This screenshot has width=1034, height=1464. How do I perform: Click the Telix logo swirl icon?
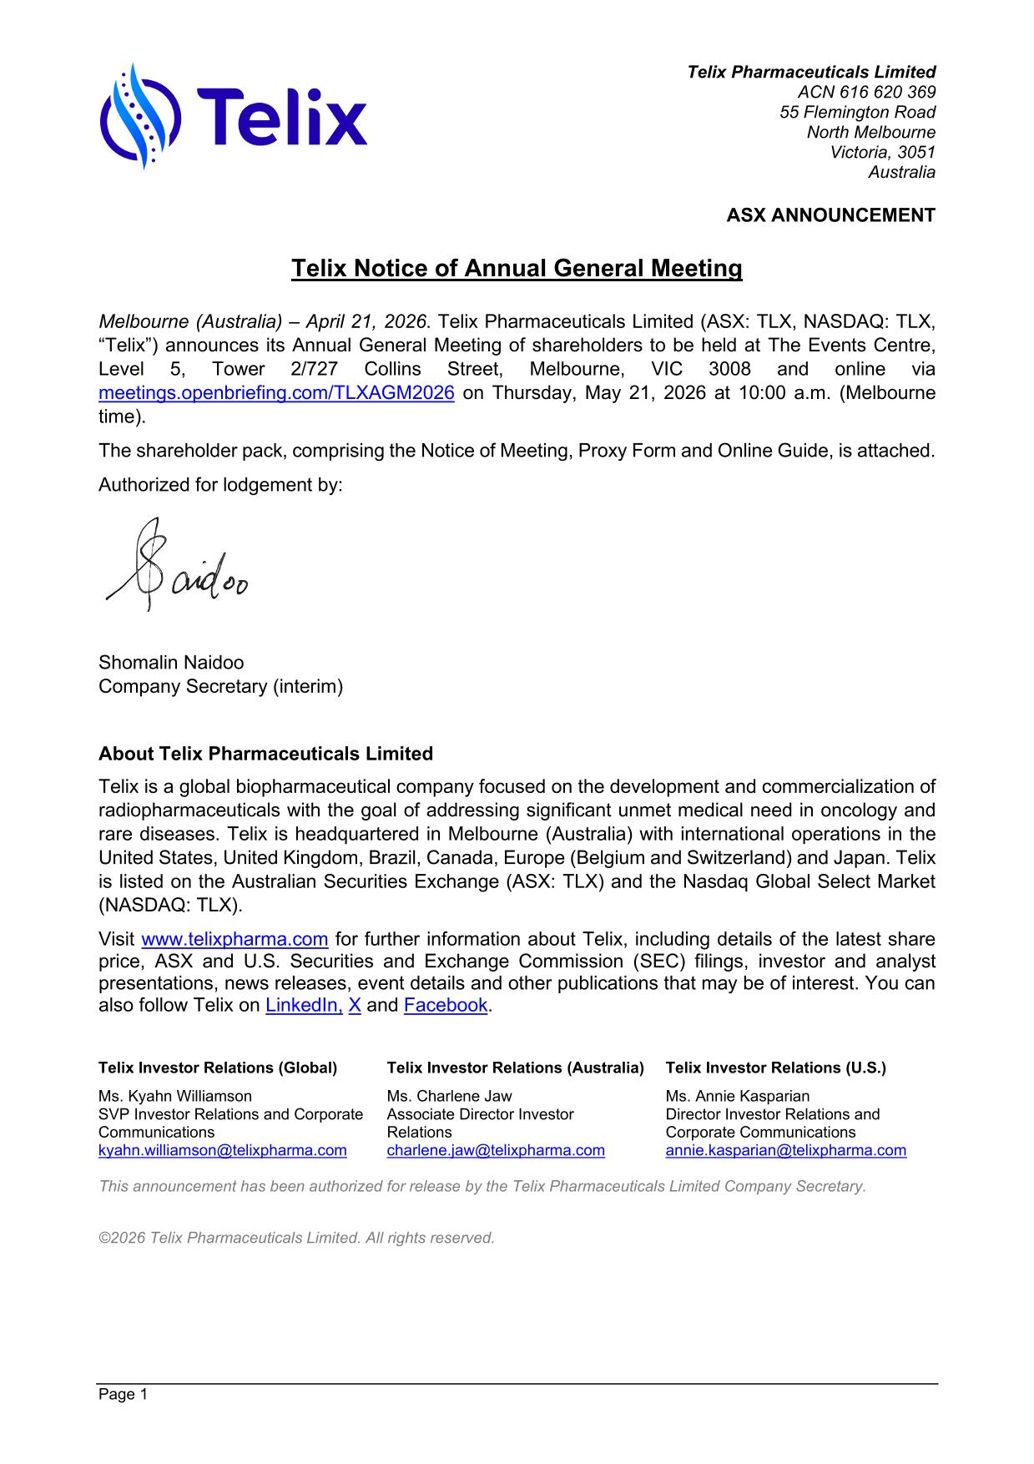pyautogui.click(x=139, y=116)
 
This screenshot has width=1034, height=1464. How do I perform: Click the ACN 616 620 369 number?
pyautogui.click(x=866, y=92)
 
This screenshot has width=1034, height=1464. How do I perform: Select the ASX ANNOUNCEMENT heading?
pyautogui.click(x=830, y=215)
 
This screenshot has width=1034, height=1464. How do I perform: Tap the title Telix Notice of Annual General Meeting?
pyautogui.click(x=517, y=269)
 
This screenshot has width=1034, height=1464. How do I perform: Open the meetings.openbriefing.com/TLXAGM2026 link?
pyautogui.click(x=276, y=393)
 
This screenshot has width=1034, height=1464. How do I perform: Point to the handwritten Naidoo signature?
pyautogui.click(x=177, y=568)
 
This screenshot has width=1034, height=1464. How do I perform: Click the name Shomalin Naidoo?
pyautogui.click(x=171, y=663)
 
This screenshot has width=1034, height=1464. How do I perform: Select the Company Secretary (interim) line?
pyautogui.click(x=220, y=686)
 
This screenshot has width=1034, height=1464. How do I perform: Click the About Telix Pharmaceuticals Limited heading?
pyautogui.click(x=265, y=754)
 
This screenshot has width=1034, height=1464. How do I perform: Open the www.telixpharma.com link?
pyautogui.click(x=235, y=939)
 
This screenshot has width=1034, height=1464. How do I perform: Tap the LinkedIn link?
pyautogui.click(x=304, y=1005)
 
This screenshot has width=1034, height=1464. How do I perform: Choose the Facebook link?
pyautogui.click(x=445, y=1005)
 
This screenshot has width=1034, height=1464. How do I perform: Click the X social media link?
pyautogui.click(x=355, y=1005)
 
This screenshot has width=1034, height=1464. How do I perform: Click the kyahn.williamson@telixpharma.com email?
pyautogui.click(x=222, y=1150)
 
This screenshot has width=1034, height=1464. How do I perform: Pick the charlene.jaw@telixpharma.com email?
pyautogui.click(x=496, y=1150)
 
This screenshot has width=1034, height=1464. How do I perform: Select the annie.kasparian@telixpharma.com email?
pyautogui.click(x=785, y=1150)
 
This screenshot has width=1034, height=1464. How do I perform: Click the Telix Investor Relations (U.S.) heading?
pyautogui.click(x=775, y=1068)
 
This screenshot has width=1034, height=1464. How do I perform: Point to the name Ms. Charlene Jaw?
pyautogui.click(x=449, y=1096)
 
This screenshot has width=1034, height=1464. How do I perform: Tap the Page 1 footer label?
pyautogui.click(x=123, y=1395)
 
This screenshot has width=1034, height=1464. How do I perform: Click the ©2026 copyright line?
pyautogui.click(x=296, y=1238)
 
